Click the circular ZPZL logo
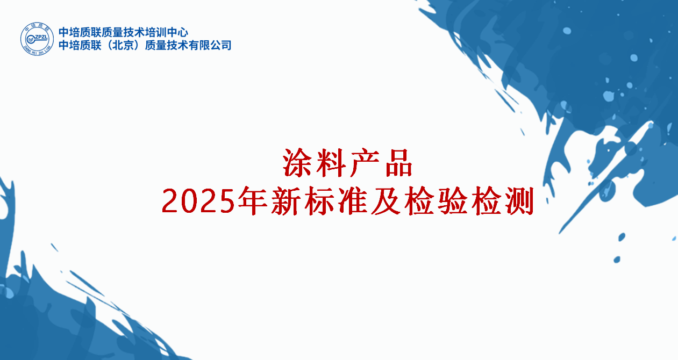coord(37,39)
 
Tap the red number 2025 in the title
coord(198,201)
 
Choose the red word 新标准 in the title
coord(319,200)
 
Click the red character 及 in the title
coord(386,200)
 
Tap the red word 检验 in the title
coord(436,200)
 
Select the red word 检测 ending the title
coord(502,200)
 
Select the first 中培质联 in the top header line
coord(80,32)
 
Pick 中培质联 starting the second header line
coord(80,45)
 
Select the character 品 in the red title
coord(399,163)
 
